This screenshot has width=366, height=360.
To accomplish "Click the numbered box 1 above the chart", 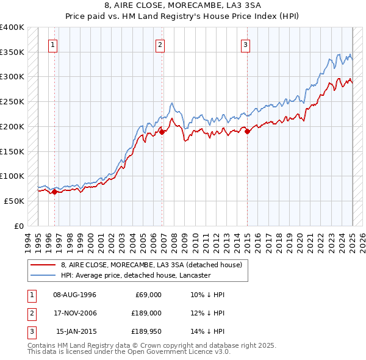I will [x=54, y=44].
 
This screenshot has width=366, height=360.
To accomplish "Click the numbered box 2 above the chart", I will [x=160, y=44].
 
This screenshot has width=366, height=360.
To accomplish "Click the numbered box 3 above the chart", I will [x=245, y=44].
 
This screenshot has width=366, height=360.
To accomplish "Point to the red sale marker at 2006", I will [x=162, y=130].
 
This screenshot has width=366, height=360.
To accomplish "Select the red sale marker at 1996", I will [x=54, y=191].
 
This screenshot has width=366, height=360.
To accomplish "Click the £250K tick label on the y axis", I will [x=12, y=101].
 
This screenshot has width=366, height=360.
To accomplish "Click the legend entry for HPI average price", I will [x=135, y=276].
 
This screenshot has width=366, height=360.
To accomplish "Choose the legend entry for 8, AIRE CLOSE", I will [x=151, y=265].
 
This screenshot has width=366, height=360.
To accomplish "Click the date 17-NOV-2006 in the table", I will [x=76, y=314].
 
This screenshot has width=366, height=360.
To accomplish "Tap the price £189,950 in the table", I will [x=145, y=333].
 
